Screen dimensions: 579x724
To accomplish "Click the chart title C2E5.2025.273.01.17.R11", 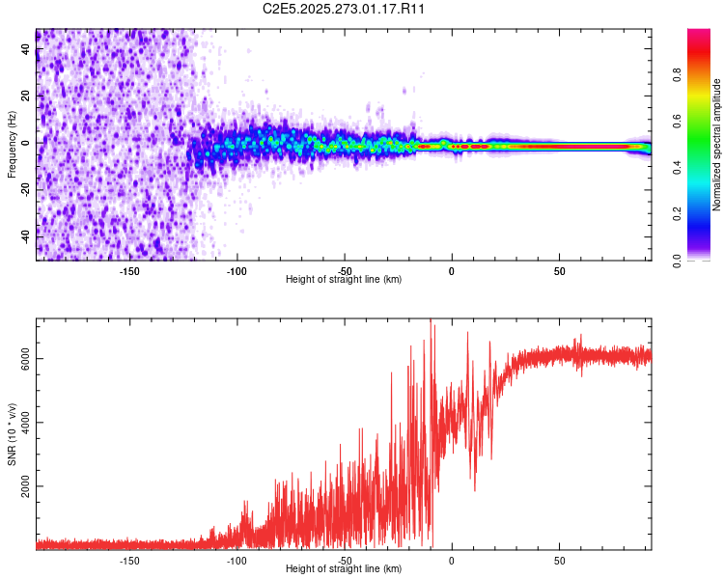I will click(345, 9).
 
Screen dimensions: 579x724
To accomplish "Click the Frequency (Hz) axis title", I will click(13, 145).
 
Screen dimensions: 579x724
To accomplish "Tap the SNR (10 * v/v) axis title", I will click(13, 435).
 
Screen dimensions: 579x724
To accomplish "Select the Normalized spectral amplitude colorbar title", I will click(717, 145).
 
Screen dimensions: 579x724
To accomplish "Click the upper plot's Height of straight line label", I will click(344, 279).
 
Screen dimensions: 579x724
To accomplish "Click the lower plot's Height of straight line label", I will click(344, 568).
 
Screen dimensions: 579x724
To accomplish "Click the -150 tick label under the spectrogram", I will click(129, 270).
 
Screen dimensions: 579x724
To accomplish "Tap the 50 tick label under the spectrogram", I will click(559, 270).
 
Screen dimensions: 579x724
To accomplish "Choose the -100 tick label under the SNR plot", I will click(237, 560).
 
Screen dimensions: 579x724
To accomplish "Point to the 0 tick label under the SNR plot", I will click(452, 560).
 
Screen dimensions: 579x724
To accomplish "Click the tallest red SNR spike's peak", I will click(431, 320).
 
